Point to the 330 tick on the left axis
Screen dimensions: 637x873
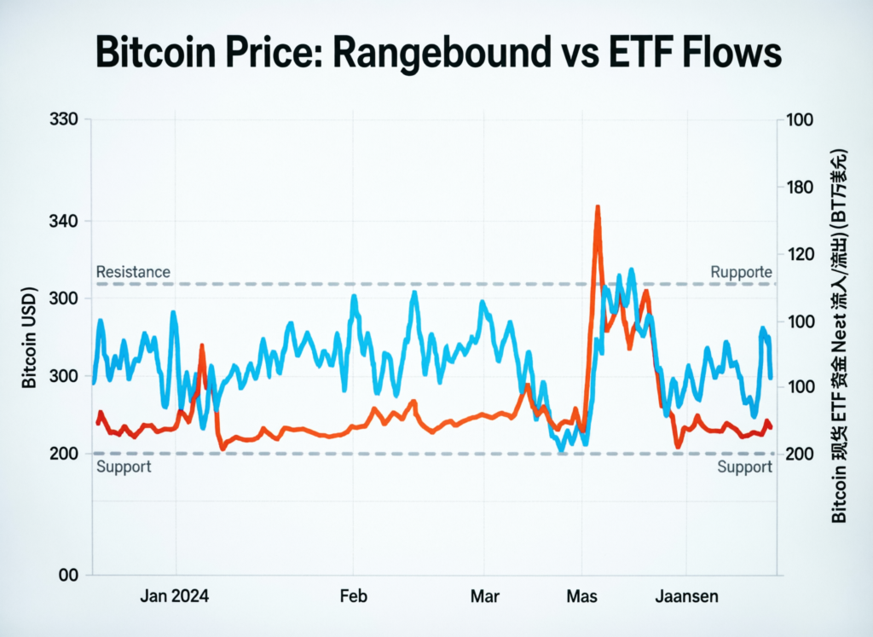[65, 119]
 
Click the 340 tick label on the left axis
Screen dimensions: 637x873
[65, 221]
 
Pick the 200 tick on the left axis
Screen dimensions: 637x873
[65, 453]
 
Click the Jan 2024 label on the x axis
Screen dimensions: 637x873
[174, 596]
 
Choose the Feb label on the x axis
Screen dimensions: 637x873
[353, 596]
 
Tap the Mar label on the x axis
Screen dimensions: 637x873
[484, 596]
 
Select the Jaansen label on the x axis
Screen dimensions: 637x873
[685, 596]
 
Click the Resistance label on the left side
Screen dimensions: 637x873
[133, 271]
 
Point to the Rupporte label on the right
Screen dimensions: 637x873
[741, 272]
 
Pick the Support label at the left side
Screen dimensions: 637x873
[124, 466]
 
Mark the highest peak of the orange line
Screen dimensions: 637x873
[598, 207]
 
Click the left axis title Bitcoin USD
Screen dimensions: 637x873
[30, 336]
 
